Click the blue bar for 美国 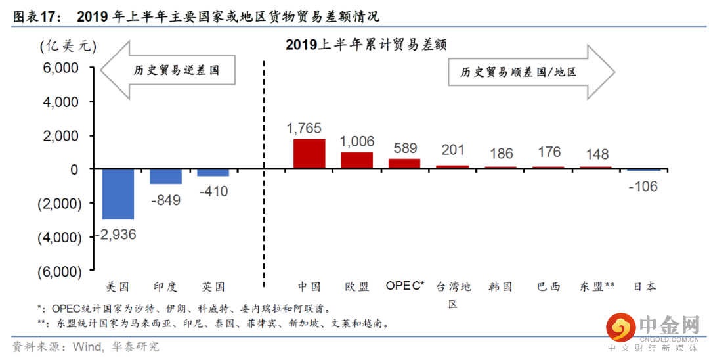pos(118,194)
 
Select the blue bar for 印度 pos(165,177)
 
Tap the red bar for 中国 pos(309,154)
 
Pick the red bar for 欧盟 pos(356,161)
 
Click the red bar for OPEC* pos(404,164)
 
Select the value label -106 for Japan pos(643,187)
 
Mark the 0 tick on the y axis pos(74,169)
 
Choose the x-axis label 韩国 pos(500,286)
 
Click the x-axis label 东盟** pos(597,286)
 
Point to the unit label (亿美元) pos(68,46)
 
